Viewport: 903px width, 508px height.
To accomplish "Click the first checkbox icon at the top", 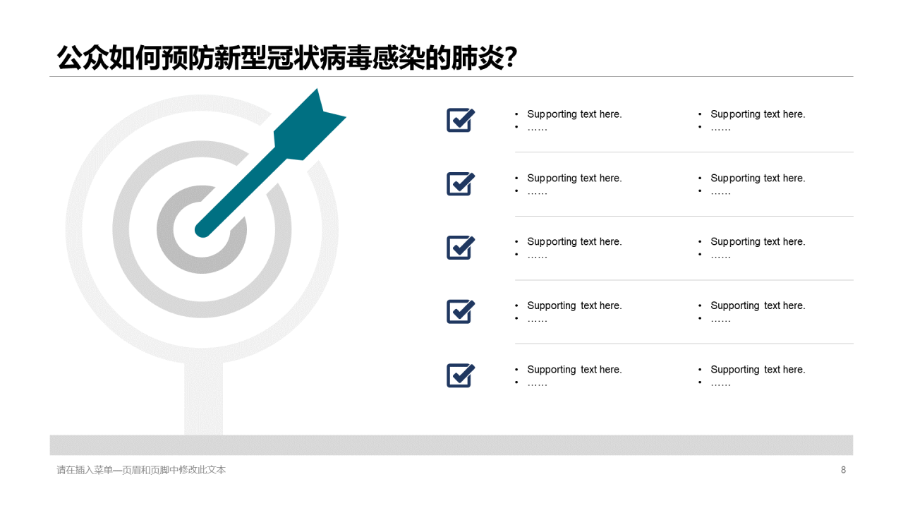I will click(x=461, y=120).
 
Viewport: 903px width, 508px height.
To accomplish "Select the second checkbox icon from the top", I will click(x=461, y=184).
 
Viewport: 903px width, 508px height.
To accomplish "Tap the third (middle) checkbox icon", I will click(x=461, y=248).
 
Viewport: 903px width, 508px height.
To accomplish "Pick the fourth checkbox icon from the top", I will click(x=461, y=312).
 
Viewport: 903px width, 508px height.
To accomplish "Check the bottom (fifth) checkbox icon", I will click(x=461, y=375).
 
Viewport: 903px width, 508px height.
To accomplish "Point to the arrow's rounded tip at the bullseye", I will click(x=203, y=229).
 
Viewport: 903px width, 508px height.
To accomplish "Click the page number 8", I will click(x=843, y=470).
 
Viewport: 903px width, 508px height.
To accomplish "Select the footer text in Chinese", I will click(x=141, y=470).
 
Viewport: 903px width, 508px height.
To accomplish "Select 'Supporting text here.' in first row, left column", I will click(x=574, y=114).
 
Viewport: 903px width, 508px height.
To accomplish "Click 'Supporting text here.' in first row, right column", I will click(x=758, y=114).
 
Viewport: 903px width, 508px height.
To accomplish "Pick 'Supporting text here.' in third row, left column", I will click(x=574, y=242).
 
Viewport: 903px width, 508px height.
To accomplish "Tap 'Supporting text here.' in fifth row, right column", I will click(x=758, y=370).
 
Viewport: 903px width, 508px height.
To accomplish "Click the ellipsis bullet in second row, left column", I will click(x=537, y=192).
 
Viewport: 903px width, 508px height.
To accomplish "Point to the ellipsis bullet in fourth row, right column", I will click(x=720, y=320).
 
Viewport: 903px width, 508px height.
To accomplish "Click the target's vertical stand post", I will click(x=203, y=399).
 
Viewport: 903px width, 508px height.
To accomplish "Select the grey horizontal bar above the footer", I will click(x=451, y=445).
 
